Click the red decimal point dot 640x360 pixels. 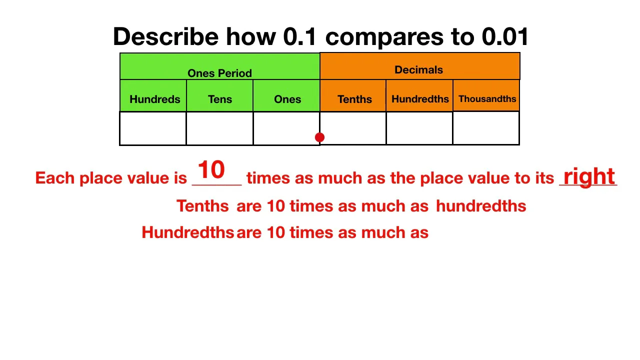point(320,137)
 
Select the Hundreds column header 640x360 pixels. point(154,99)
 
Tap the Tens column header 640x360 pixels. point(220,99)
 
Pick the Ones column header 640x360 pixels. point(287,99)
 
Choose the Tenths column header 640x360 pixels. point(354,99)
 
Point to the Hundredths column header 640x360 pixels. point(420,99)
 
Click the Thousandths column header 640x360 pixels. point(487,98)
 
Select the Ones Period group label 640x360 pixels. point(219,73)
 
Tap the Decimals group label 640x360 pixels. point(418,70)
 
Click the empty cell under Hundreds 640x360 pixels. point(153,128)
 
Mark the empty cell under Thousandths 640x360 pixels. point(486,128)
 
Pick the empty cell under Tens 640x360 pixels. point(219,128)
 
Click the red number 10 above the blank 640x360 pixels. point(211,170)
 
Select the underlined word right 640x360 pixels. point(589,176)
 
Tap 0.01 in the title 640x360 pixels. point(505,37)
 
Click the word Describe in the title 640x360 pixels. point(165,37)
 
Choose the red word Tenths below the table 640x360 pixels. point(202,206)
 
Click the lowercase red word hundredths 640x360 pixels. point(481,206)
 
